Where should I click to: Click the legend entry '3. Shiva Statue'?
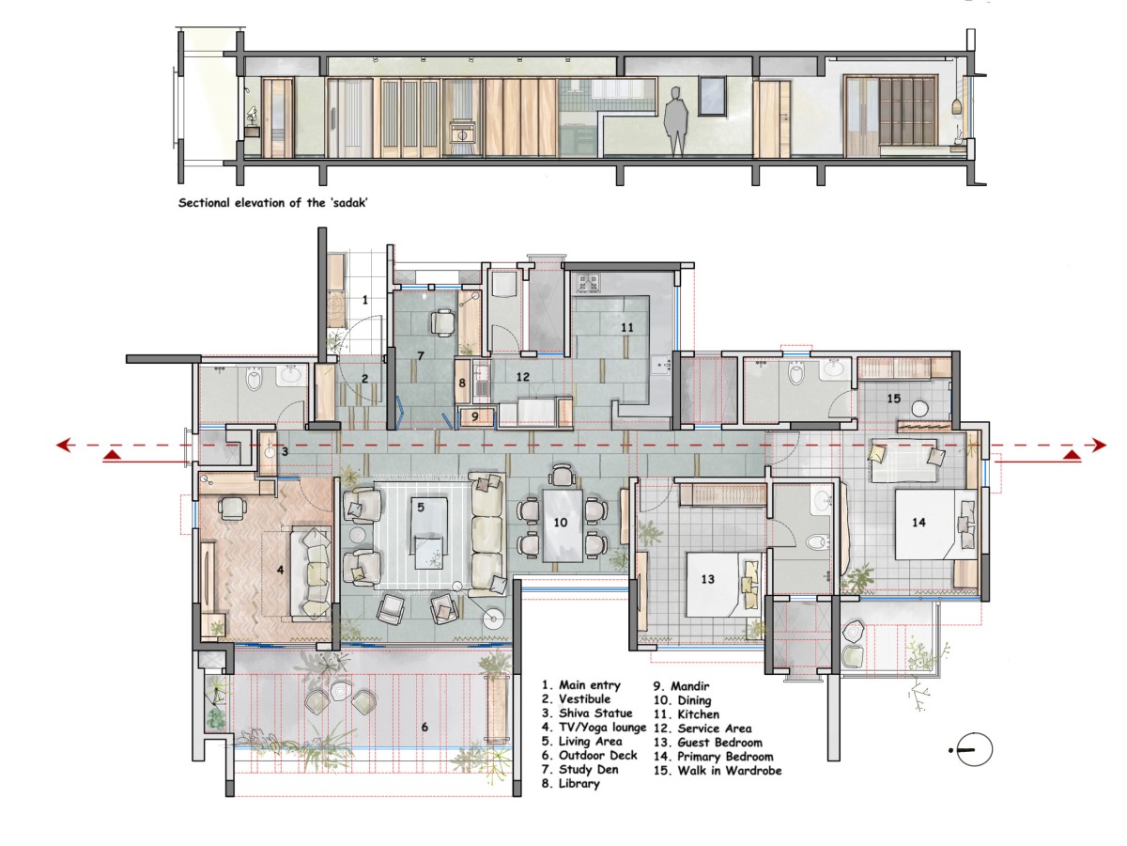point(587,713)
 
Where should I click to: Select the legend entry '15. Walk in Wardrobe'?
point(718,771)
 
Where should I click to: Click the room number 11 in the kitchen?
point(627,328)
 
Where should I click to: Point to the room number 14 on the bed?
point(919,523)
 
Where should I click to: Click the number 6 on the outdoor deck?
point(425,727)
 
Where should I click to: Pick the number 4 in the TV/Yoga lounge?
point(280,570)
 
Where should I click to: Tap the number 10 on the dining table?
point(560,523)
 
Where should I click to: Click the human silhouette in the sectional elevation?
point(676,121)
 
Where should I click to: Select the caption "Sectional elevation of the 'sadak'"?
point(272,203)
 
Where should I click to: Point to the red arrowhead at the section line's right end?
point(1099,445)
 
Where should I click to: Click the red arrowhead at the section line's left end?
point(63,445)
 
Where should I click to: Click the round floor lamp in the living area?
point(492,619)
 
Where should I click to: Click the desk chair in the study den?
point(443,322)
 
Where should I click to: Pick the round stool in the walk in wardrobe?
point(920,409)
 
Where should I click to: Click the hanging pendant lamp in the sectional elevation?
point(957,107)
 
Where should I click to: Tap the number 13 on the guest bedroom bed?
point(707,579)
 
